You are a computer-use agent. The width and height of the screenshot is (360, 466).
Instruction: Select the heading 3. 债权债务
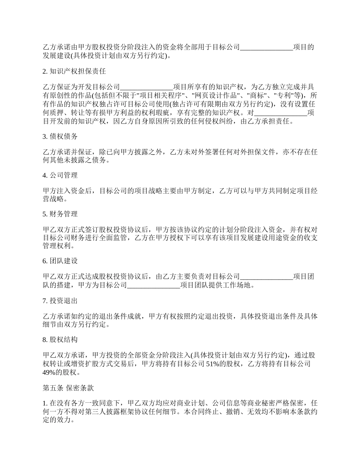(x=60, y=136)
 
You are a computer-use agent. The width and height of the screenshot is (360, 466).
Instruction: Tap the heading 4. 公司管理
(x=60, y=175)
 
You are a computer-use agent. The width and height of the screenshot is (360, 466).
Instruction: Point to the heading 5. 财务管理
(x=60, y=214)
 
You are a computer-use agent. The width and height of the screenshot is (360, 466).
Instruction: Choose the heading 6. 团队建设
(x=60, y=261)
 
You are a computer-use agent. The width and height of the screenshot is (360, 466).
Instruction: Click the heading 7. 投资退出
(x=60, y=301)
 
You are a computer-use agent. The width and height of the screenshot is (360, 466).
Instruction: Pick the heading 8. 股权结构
(x=60, y=340)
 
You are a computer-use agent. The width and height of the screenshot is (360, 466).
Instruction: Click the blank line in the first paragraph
(x=267, y=47)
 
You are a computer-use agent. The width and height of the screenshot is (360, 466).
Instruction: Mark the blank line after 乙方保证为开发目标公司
(x=146, y=87)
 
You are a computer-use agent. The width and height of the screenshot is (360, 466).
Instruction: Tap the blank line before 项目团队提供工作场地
(x=154, y=285)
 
